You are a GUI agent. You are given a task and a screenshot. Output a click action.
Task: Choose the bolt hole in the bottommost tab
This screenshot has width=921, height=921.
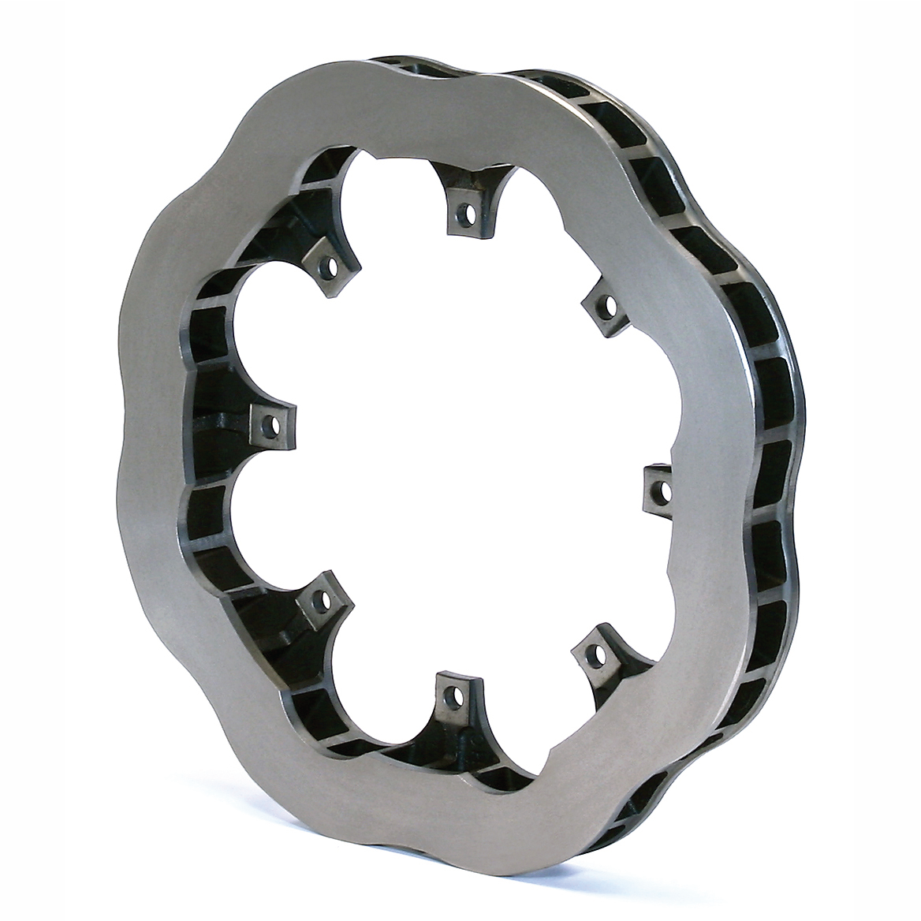(x=452, y=695)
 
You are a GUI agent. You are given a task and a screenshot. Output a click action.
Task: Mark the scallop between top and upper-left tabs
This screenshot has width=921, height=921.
(x=386, y=189)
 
